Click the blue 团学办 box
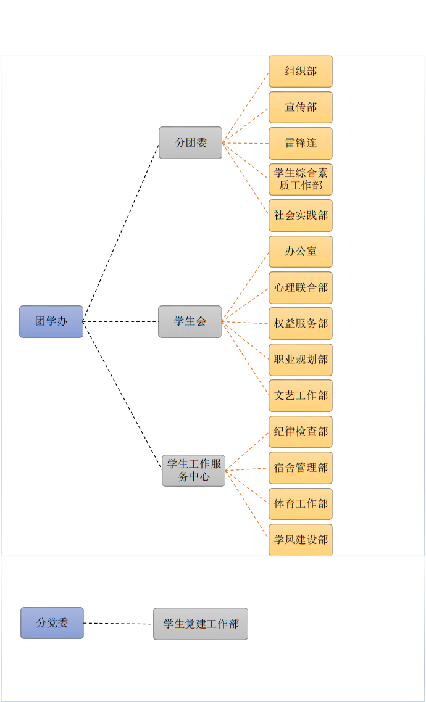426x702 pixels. (x=51, y=321)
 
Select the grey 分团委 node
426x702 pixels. (x=190, y=142)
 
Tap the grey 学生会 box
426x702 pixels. (x=190, y=321)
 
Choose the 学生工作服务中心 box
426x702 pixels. (x=194, y=471)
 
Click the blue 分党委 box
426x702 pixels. (x=52, y=623)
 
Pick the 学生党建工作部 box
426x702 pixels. (x=201, y=624)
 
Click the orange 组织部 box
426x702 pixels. (x=301, y=72)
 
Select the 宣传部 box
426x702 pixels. (x=301, y=107)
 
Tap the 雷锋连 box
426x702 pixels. (x=301, y=143)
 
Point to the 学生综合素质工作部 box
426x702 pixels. (x=301, y=180)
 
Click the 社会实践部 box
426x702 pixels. (x=301, y=215)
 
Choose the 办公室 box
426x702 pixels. (x=301, y=252)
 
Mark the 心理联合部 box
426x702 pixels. (x=301, y=287)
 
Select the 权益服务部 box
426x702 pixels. (x=301, y=323)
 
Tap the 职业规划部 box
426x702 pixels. (x=301, y=360)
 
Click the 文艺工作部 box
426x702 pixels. (x=301, y=395)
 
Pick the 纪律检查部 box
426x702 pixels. (x=301, y=432)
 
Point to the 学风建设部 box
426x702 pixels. (x=301, y=540)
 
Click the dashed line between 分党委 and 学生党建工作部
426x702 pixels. (x=119, y=623)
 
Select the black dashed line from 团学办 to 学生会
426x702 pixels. (x=120, y=321)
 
